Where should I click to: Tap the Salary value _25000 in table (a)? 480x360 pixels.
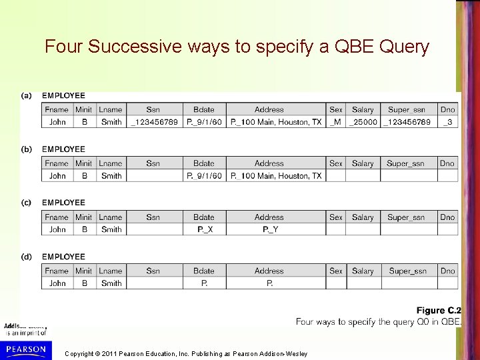[363, 122]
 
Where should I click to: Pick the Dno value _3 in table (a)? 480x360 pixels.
[447, 122]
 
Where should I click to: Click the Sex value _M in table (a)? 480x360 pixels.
[335, 122]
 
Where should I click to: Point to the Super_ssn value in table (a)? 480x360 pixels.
[407, 122]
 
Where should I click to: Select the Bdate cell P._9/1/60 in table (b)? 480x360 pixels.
[204, 176]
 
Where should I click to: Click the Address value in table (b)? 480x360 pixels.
[276, 176]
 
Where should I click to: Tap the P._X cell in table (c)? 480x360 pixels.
[204, 229]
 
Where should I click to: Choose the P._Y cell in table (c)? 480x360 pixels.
[269, 229]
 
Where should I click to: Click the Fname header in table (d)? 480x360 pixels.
[57, 271]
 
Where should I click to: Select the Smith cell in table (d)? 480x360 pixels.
[111, 283]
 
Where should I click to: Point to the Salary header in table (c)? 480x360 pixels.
[363, 217]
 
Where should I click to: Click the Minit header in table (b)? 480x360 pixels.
[84, 163]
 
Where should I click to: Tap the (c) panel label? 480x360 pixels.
[26, 202]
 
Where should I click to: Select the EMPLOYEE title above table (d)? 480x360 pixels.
[63, 257]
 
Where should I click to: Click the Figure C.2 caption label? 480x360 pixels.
[439, 311]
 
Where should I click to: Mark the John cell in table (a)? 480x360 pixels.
[57, 122]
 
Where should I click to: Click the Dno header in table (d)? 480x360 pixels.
[447, 271]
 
